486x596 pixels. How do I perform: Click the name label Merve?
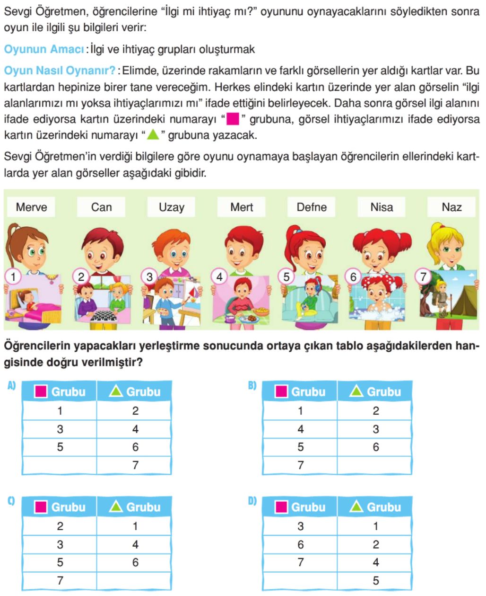pyautogui.click(x=31, y=207)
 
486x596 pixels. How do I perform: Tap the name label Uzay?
pyautogui.click(x=171, y=207)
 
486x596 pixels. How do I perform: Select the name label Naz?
pyautogui.click(x=451, y=207)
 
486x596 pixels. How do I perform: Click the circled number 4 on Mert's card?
pyautogui.click(x=219, y=276)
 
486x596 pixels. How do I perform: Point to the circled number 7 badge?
pyautogui.click(x=423, y=276)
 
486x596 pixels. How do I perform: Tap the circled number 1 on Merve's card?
pyautogui.click(x=13, y=276)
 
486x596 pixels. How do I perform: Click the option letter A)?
pyautogui.click(x=11, y=386)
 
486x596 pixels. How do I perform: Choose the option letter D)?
pyautogui.click(x=252, y=501)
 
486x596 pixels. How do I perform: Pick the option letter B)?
pyautogui.click(x=252, y=386)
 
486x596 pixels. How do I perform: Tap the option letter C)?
pyautogui.click(x=11, y=501)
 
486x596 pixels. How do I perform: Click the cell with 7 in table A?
pyautogui.click(x=135, y=465)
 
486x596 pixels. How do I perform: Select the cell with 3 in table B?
pyautogui.click(x=375, y=429)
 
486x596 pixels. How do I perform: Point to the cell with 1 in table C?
pyautogui.click(x=135, y=526)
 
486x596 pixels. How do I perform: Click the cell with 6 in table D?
pyautogui.click(x=300, y=545)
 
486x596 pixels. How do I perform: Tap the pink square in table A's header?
pyautogui.click(x=41, y=391)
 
